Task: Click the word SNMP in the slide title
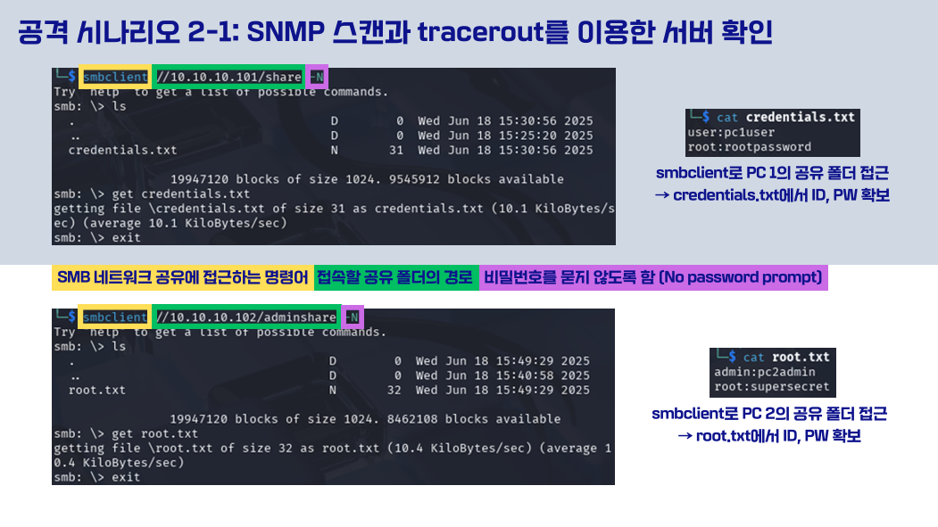pyautogui.click(x=286, y=32)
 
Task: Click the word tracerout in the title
pyautogui.click(x=480, y=32)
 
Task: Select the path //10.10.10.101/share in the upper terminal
pyautogui.click(x=228, y=77)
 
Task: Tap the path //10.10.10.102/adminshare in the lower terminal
pyautogui.click(x=246, y=317)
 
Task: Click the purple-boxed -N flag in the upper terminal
pyautogui.click(x=317, y=77)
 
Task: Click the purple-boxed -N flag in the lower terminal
pyautogui.click(x=353, y=317)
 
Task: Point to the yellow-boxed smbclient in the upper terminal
pyautogui.click(x=115, y=77)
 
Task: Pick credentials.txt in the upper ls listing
pyautogui.click(x=122, y=150)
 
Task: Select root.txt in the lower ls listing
pyautogui.click(x=97, y=391)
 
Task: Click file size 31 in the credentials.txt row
pyautogui.click(x=396, y=150)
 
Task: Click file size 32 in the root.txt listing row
pyautogui.click(x=394, y=391)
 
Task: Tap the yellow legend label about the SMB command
pyautogui.click(x=182, y=278)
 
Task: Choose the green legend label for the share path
pyautogui.click(x=394, y=278)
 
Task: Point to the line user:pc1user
pyautogui.click(x=731, y=132)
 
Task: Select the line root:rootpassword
pyautogui.click(x=750, y=147)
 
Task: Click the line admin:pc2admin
pyautogui.click(x=765, y=372)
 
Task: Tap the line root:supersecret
pyautogui.click(x=772, y=387)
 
